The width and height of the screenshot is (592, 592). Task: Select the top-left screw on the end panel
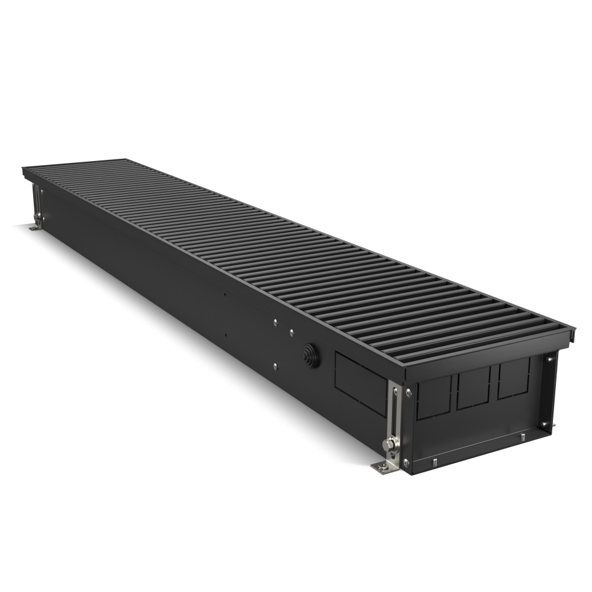pyautogui.click(x=408, y=392)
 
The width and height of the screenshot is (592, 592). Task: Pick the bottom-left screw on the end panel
pyautogui.click(x=406, y=462)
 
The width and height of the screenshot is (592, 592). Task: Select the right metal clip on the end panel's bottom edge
pyautogui.click(x=523, y=437)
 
